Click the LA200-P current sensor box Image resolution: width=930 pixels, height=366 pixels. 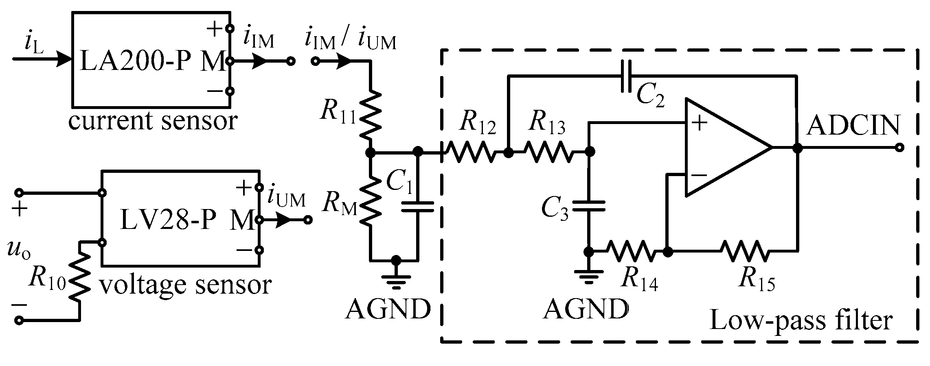click(151, 60)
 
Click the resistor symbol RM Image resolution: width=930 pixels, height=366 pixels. click(371, 203)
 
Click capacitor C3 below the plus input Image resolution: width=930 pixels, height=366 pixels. click(589, 206)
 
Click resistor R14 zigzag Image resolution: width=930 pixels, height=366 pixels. click(631, 252)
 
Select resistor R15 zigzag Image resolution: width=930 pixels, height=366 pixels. click(745, 252)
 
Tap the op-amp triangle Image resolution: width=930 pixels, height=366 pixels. click(721, 147)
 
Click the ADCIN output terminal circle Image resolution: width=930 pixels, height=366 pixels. click(900, 147)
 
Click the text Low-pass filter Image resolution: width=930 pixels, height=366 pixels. click(801, 320)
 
